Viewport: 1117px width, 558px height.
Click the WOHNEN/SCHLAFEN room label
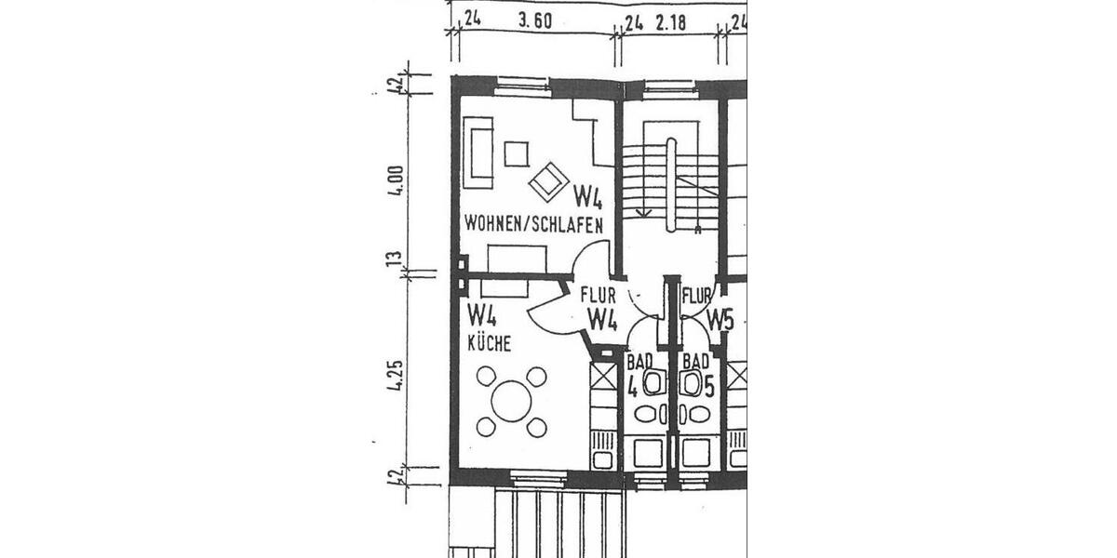coord(533,224)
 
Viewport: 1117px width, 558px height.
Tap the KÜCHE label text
coord(489,344)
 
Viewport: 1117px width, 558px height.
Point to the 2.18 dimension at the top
coord(670,23)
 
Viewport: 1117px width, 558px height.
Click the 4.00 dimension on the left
coord(397,179)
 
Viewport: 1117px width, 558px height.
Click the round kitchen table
coord(510,402)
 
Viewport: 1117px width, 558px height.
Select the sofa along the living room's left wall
coord(480,150)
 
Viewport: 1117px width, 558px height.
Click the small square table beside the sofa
coord(516,153)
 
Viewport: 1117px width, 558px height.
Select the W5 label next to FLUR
coord(720,319)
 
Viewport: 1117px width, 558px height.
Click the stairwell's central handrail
coord(670,181)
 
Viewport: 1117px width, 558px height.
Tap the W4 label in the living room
coord(587,196)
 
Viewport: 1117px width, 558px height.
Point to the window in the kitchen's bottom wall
coord(539,480)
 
